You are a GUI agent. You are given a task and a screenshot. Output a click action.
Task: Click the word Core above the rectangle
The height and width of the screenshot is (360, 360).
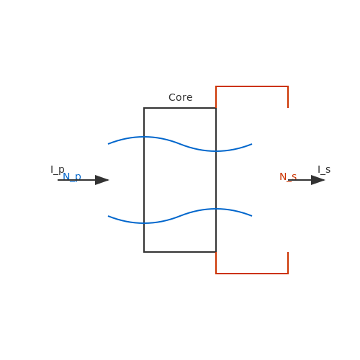pos(181,97)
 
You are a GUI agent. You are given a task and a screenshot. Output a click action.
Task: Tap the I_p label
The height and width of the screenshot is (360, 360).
pos(58,170)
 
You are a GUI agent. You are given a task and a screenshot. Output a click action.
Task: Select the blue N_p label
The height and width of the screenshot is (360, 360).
pos(72,177)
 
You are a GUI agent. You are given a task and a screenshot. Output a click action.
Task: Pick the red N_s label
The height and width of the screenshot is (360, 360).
pos(288,177)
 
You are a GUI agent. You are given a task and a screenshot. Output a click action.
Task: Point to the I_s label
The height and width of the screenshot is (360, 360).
pos(324,169)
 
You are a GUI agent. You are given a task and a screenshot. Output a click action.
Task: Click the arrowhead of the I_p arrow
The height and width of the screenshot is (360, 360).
pos(102,180)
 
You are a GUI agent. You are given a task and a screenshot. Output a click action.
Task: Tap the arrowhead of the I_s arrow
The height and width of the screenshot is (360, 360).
pos(318,180)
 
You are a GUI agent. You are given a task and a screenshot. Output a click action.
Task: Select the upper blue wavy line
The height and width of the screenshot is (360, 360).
pos(180,144)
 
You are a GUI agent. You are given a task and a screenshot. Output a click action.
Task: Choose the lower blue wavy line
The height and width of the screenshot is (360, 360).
pos(180,216)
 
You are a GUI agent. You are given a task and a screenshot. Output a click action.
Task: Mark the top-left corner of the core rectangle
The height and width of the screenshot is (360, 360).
pos(144,108)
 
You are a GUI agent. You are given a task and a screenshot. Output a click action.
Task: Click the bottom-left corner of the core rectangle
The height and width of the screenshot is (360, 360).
pos(144,252)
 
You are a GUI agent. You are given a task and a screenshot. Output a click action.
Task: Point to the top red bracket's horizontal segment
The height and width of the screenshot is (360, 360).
pos(252,86)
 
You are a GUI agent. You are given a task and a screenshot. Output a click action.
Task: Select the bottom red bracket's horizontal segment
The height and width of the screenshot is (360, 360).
pos(252,274)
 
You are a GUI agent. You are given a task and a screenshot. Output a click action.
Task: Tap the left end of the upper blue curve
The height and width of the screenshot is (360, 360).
pos(108,144)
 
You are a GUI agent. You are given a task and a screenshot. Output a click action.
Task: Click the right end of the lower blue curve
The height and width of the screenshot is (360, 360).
pos(252,216)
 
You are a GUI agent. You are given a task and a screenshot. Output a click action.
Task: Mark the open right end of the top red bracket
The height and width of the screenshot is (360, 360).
pos(288,108)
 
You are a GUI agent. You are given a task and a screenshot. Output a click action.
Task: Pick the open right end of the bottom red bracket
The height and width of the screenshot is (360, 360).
pos(288,252)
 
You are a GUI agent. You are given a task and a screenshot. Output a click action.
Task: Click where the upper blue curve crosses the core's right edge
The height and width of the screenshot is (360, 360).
pos(216,151)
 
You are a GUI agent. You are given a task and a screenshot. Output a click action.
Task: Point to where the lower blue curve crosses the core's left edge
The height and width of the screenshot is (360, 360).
pos(144,223)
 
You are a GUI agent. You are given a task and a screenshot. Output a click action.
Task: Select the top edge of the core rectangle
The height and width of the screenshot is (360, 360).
pos(180,108)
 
